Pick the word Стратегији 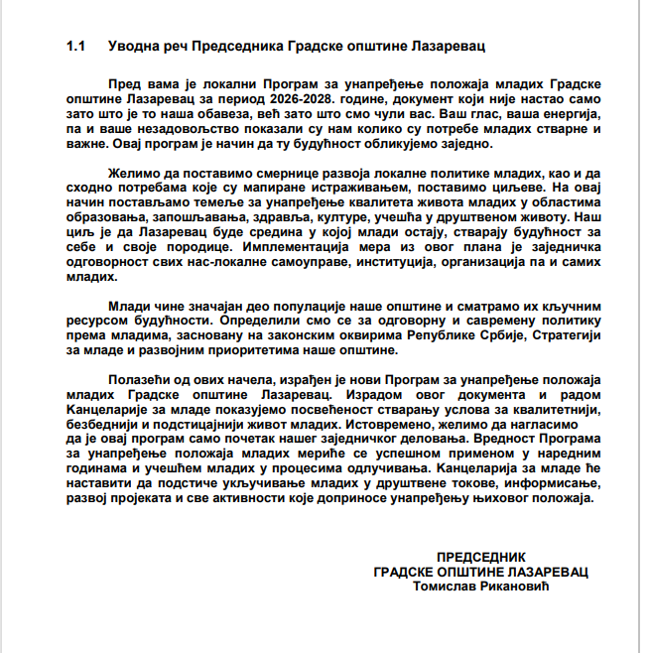pyautogui.click(x=562, y=338)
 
